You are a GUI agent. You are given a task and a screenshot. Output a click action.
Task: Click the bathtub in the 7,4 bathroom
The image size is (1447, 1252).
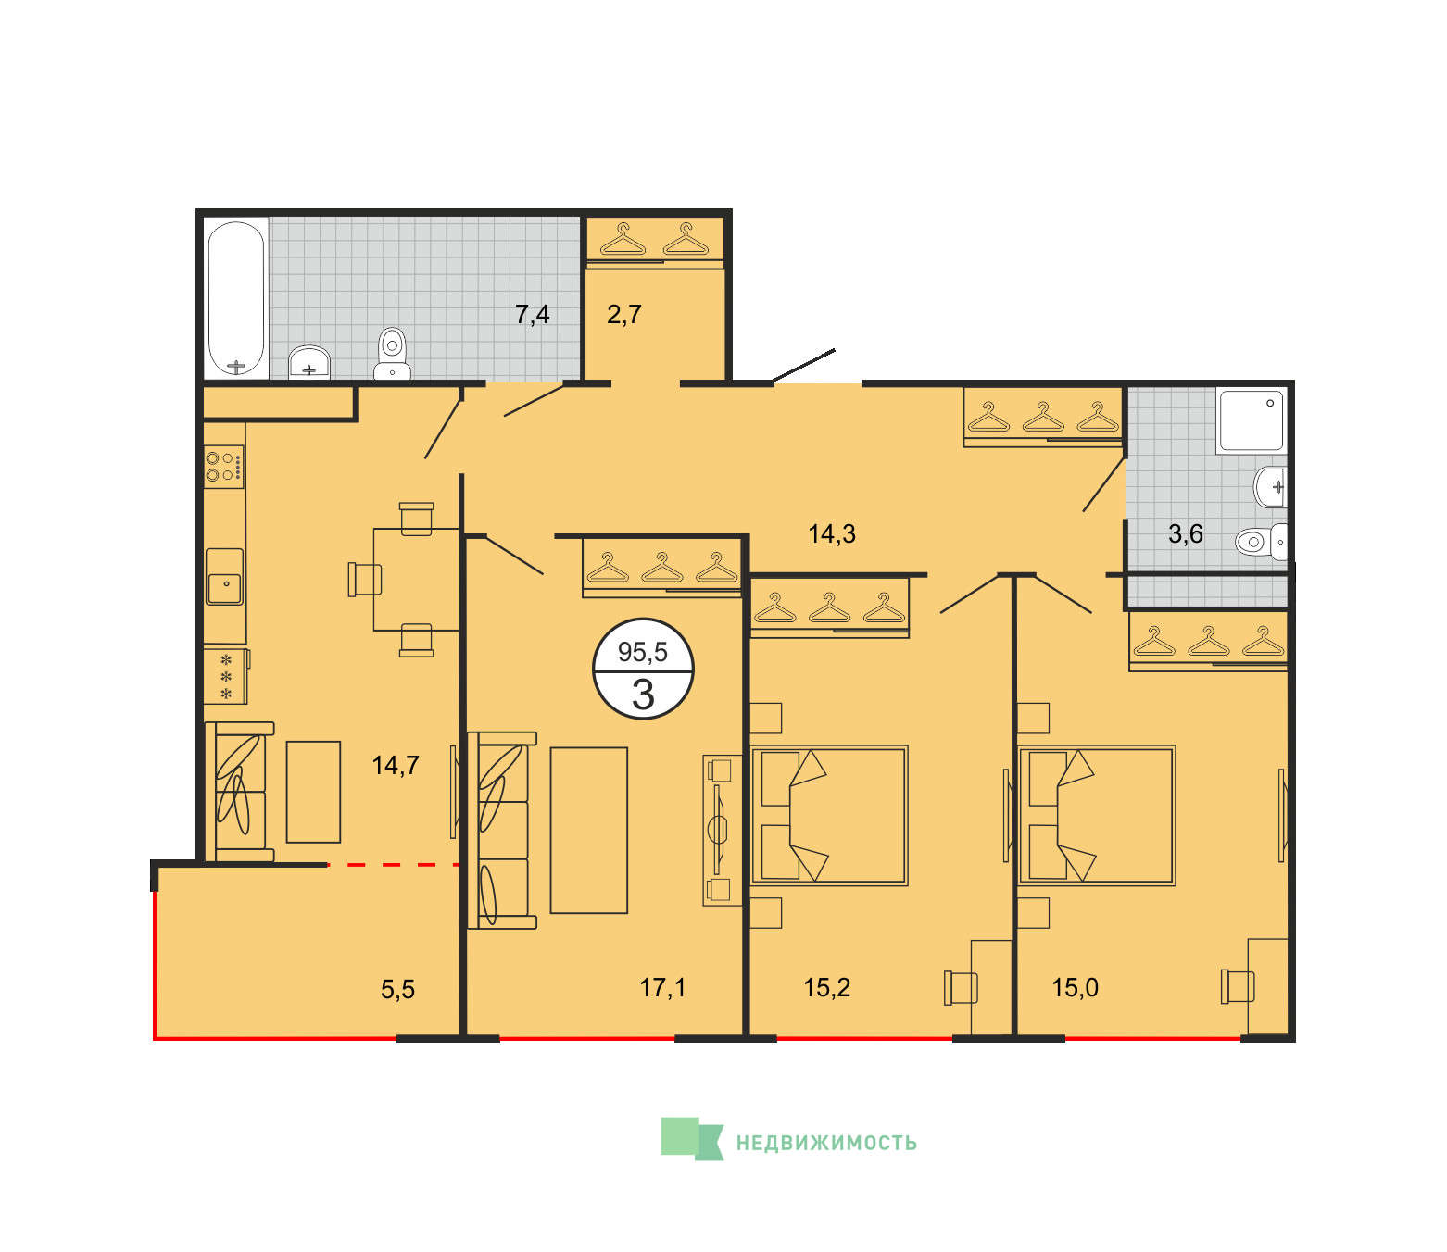click(x=236, y=299)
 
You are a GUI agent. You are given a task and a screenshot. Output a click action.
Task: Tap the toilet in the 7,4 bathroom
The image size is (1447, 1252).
click(x=392, y=354)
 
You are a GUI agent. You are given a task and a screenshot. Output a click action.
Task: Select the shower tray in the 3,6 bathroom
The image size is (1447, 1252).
click(x=1251, y=420)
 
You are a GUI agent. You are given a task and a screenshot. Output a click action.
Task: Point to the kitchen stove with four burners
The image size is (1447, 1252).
click(x=224, y=467)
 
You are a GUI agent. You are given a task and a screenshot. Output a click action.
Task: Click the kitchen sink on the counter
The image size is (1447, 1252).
click(x=225, y=577)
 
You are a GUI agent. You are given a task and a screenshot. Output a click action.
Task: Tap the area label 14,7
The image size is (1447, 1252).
click(x=396, y=766)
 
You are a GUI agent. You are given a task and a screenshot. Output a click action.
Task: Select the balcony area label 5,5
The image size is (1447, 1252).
click(x=397, y=990)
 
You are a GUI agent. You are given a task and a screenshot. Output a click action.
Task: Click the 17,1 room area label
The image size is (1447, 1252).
click(x=662, y=987)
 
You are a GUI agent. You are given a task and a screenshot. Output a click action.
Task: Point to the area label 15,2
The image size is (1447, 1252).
click(x=826, y=987)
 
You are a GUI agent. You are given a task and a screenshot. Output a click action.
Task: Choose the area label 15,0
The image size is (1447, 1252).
click(x=1076, y=987)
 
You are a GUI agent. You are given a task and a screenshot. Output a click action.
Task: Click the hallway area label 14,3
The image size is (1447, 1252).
click(x=832, y=534)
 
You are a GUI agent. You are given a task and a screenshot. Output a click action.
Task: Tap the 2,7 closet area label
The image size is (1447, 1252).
click(x=623, y=315)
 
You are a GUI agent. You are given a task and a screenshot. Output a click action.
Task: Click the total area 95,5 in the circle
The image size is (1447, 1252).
click(x=643, y=652)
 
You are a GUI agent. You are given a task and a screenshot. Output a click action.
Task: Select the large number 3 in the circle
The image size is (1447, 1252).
click(x=643, y=695)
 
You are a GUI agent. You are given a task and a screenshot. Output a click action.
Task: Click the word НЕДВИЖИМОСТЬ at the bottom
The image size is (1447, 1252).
click(x=826, y=1143)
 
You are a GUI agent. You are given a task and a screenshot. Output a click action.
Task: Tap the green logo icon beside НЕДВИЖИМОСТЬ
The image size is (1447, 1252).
click(x=692, y=1139)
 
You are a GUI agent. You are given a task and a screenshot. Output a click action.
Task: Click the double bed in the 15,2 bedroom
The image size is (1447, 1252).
click(x=829, y=815)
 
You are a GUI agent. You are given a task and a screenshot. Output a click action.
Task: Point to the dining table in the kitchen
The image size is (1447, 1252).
click(x=416, y=580)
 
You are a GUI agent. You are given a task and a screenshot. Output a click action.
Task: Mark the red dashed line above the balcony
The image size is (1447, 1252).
click(x=393, y=865)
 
